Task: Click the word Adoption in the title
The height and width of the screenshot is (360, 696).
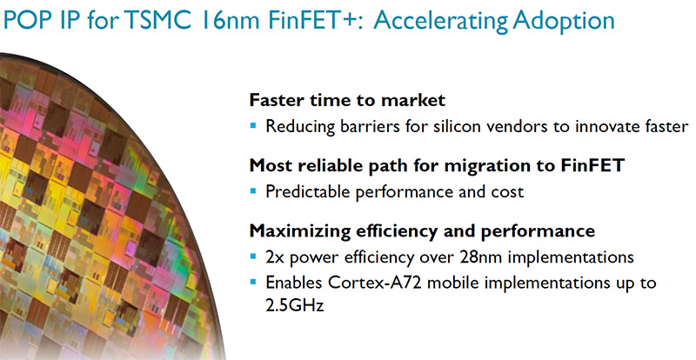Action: (x=563, y=23)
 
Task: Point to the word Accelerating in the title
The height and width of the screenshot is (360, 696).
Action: (x=439, y=23)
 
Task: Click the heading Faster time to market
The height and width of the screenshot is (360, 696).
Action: (x=347, y=100)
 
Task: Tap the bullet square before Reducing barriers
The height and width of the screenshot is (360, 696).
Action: (x=253, y=126)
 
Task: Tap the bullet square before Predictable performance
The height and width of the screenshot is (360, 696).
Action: (x=253, y=191)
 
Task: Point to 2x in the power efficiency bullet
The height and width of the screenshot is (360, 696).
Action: (x=274, y=257)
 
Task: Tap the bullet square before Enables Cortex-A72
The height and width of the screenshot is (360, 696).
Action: (x=253, y=282)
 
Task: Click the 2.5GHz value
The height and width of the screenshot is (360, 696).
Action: (x=295, y=305)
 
